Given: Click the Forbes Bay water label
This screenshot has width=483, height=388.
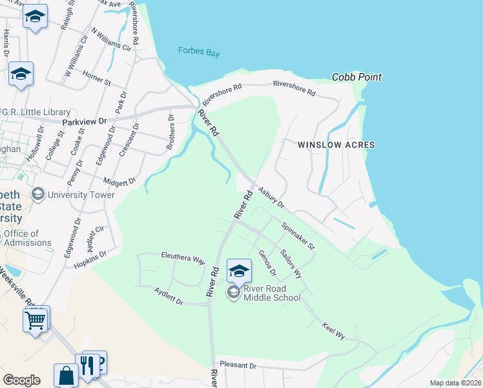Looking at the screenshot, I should pos(199,52).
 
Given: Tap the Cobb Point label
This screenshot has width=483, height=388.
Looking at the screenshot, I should pos(356,77).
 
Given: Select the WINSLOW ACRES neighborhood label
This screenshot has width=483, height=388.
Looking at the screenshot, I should pos(336,145).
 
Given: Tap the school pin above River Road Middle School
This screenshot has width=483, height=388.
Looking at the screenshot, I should pos(239,273).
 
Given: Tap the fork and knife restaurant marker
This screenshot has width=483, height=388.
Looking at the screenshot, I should pos(87,365).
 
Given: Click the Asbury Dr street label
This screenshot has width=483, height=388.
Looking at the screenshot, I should pos(272,198).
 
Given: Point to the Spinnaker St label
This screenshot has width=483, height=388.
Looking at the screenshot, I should pos(298,236).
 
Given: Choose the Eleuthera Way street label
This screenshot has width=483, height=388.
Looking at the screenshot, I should pos(183,259).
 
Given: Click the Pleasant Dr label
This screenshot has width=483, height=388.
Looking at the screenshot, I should pos(238,365).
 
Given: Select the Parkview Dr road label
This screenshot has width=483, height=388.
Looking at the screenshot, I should pos(84,121).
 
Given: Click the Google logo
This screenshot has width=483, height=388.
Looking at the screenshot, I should pos(21,380).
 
